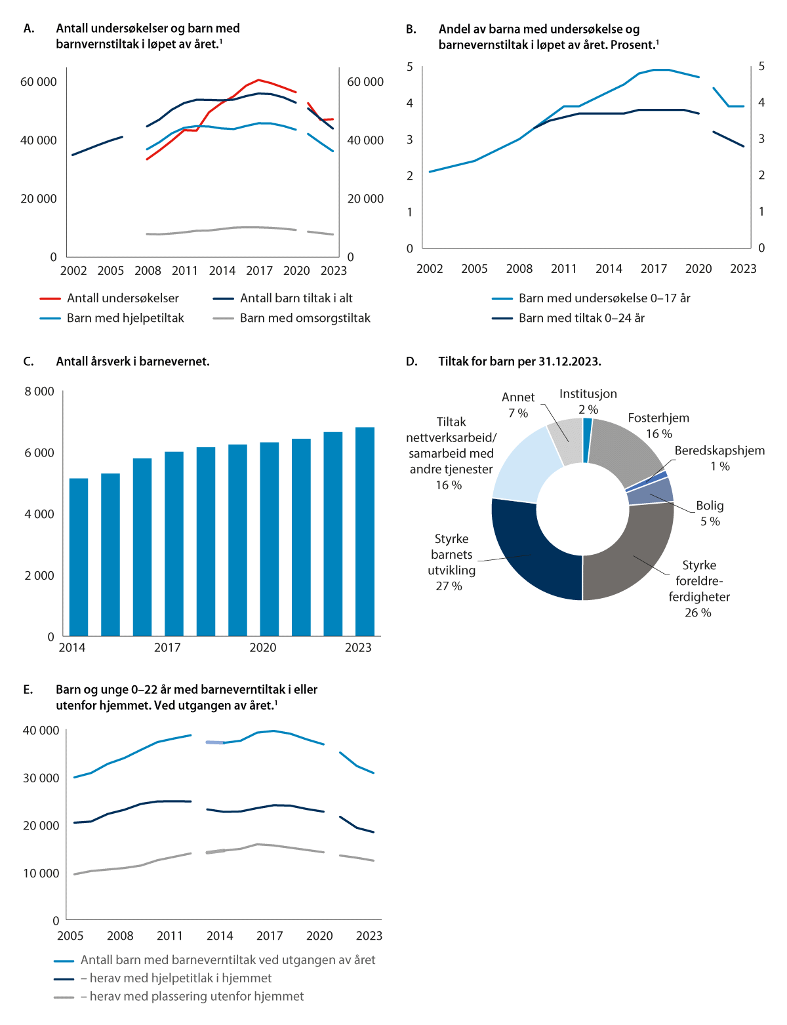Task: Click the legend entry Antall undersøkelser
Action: coord(123,298)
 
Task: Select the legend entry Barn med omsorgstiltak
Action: coord(305,318)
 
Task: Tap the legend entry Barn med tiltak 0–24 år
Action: coord(581,318)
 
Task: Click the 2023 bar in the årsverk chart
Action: coord(365,531)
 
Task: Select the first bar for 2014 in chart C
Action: coord(79,557)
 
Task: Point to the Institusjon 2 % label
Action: coord(588,401)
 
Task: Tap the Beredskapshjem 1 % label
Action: coord(719,458)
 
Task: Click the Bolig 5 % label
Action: coord(710,513)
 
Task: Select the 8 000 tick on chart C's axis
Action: coord(39,392)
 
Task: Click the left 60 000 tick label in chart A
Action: coord(39,82)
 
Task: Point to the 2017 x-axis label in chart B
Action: coord(654,269)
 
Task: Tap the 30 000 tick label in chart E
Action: coord(41,778)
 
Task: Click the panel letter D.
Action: coord(411,361)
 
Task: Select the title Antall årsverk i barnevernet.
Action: coord(133,361)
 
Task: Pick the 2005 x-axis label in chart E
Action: coord(70,936)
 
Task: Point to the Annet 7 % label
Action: coord(518,405)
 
